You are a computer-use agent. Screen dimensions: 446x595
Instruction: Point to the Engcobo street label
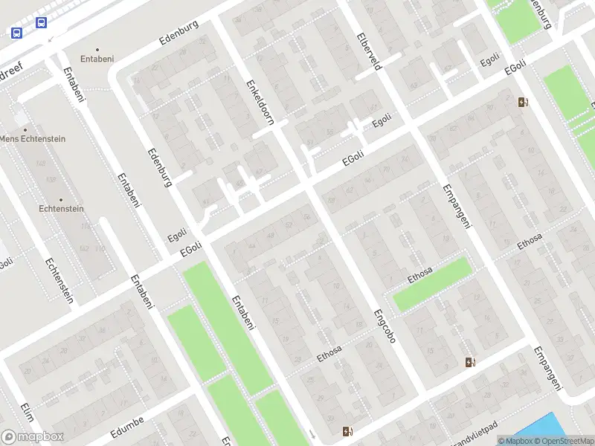coord(385,330)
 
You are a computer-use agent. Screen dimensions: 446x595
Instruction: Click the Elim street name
coord(28,411)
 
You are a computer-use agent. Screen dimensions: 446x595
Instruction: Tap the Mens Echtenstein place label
coord(33,139)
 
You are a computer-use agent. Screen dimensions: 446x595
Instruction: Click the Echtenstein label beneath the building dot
coord(61,209)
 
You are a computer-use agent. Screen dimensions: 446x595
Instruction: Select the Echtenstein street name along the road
coord(59,280)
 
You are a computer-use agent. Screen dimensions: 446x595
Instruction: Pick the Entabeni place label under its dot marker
coord(98,57)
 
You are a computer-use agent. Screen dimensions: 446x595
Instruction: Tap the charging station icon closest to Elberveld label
coord(524,103)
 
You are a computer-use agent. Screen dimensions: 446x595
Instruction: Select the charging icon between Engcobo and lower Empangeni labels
coord(469,362)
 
